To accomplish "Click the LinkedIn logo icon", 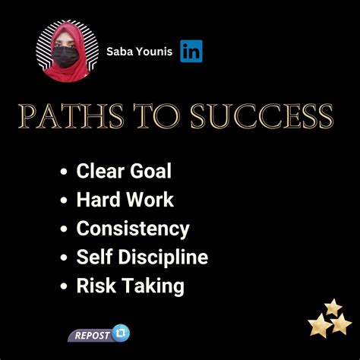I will point(191,51).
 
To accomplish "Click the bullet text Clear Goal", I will point(124,171).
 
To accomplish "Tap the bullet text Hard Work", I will point(125,200).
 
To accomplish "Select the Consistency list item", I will point(133,229).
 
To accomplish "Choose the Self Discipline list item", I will point(142,257).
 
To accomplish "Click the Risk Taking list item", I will point(130,286).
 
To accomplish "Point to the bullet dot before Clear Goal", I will point(65,172).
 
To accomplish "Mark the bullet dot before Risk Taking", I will point(65,287).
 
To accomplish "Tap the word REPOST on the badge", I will point(90,336).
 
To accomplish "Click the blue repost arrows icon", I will point(121,333).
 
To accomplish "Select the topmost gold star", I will point(333,307).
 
